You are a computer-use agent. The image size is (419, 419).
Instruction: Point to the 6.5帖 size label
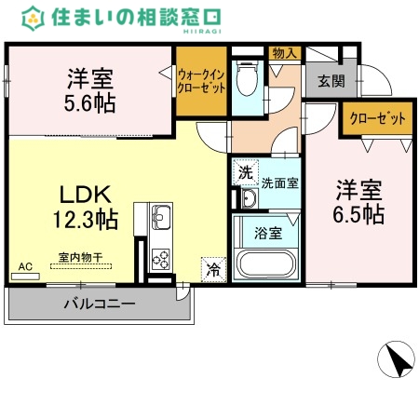click(360, 213)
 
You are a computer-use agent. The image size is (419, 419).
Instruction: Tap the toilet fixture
click(248, 81)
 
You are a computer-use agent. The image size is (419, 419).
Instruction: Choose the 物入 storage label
click(283, 53)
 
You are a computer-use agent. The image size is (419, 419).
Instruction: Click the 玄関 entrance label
click(331, 82)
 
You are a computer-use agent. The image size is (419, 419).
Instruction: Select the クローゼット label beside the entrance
click(378, 118)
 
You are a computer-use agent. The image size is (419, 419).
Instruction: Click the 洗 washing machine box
click(244, 172)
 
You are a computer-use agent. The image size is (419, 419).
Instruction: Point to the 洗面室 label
click(279, 182)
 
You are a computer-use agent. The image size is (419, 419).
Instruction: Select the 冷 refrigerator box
click(213, 271)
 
